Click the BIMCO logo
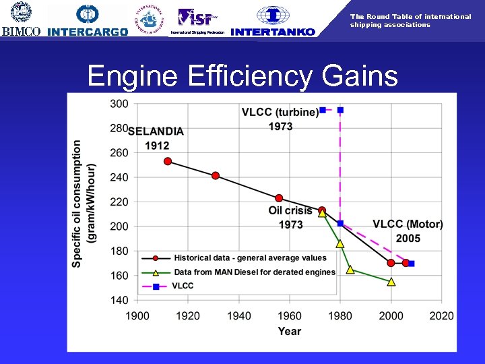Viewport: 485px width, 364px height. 22,20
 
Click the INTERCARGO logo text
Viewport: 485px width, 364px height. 88,31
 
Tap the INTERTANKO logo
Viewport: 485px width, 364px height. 273,20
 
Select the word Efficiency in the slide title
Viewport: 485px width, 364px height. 245,77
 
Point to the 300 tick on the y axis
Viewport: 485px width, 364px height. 119,104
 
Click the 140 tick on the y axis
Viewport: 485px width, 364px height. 119,300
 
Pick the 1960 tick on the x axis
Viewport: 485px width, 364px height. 290,315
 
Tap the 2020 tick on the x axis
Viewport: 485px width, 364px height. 441,315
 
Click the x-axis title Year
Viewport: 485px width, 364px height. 290,331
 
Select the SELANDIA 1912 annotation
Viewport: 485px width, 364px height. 156,138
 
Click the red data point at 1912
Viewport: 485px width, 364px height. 168,161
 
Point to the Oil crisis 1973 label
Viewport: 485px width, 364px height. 290,217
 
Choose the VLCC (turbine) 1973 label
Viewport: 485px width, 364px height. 280,119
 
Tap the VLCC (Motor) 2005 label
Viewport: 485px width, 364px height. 408,231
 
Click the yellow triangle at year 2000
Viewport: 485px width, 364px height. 391,282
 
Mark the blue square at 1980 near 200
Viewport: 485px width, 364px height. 340,223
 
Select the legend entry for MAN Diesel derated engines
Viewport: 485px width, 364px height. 254,272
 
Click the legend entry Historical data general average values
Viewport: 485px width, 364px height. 250,257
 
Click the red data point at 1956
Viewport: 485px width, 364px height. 279,198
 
